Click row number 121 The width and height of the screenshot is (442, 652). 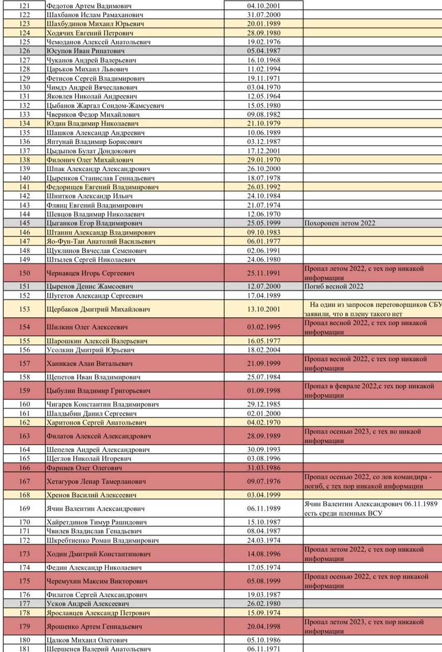(x=24, y=6)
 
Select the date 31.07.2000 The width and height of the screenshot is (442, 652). (x=264, y=15)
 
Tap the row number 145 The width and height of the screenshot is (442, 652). (x=24, y=223)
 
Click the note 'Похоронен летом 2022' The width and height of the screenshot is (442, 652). (x=340, y=223)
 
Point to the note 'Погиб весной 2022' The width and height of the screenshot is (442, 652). (x=334, y=286)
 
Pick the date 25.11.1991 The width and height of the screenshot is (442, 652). (x=264, y=273)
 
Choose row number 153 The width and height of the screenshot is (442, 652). (x=24, y=309)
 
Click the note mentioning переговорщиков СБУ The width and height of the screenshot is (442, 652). (x=372, y=309)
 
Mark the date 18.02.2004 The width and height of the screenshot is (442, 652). (x=264, y=350)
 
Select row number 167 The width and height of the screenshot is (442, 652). (x=24, y=481)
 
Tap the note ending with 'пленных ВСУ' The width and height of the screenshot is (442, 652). (x=371, y=508)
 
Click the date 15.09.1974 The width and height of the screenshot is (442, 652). (x=264, y=613)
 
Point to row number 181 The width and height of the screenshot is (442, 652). (x=24, y=649)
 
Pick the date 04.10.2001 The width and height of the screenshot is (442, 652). (x=264, y=6)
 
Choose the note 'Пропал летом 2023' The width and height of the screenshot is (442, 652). (x=364, y=627)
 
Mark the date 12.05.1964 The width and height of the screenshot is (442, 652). (x=264, y=96)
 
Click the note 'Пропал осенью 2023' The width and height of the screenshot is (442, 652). (x=363, y=436)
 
